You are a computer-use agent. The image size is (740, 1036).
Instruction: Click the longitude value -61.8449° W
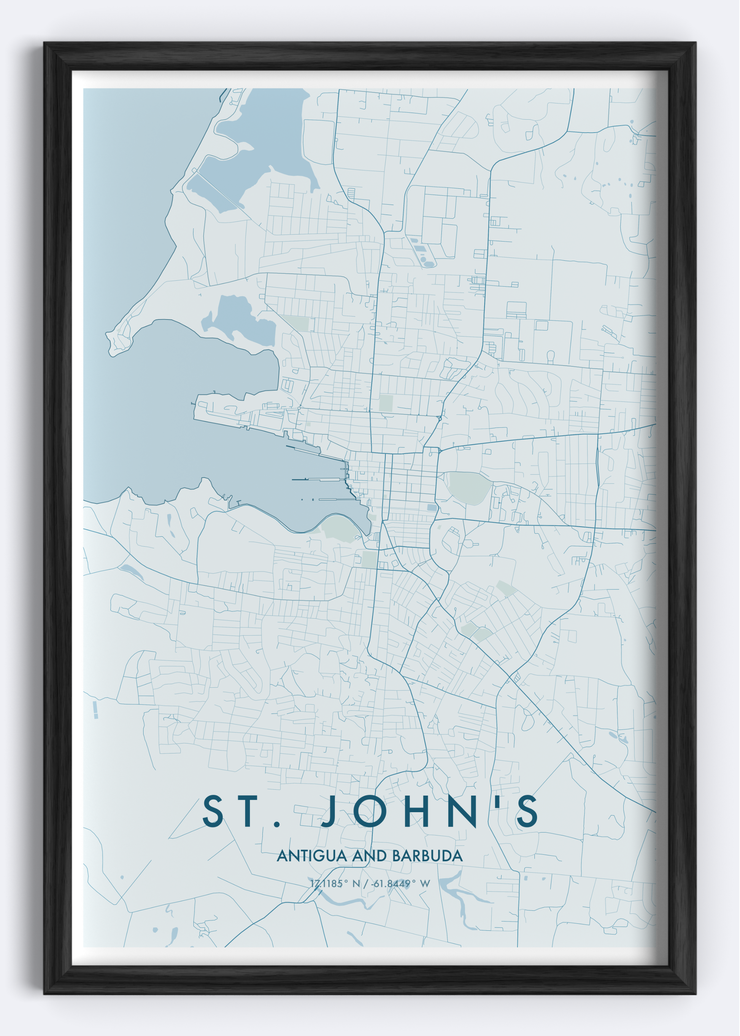tap(400, 884)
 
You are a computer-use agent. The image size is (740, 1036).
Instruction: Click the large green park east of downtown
tap(469, 487)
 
